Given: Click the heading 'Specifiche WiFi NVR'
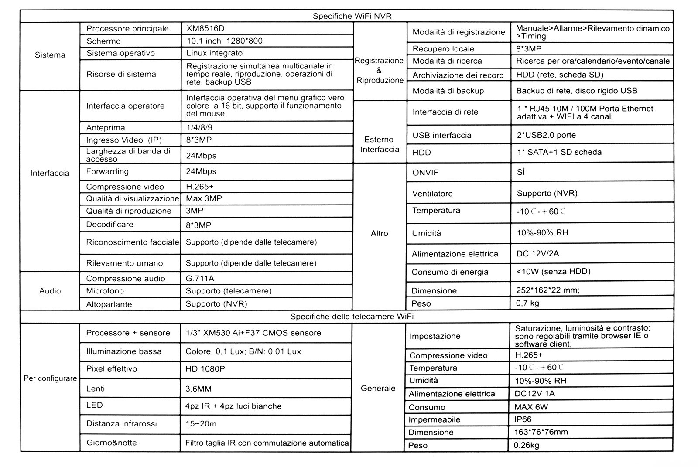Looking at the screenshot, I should [x=352, y=17].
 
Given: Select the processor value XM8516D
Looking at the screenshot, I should [x=205, y=29].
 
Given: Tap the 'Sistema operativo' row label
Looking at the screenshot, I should [x=120, y=53].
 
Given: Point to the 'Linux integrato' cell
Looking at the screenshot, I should [x=214, y=53].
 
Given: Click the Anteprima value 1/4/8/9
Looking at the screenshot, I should [x=199, y=128].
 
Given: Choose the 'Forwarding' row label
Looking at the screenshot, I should [x=107, y=171].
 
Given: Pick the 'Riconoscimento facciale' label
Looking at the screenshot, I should [x=132, y=242].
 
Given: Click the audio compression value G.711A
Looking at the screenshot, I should [x=200, y=279].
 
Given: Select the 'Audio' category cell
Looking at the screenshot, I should [x=50, y=291].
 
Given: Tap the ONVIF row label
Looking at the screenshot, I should [x=425, y=173].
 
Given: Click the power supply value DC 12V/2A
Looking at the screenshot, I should [x=537, y=254].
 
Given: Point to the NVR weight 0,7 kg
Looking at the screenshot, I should [x=527, y=303].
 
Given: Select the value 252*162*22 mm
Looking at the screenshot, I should [x=547, y=290].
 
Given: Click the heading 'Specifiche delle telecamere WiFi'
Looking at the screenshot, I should [x=352, y=317].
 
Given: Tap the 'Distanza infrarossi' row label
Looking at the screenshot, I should [x=121, y=423].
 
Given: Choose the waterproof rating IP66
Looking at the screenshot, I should [x=523, y=419].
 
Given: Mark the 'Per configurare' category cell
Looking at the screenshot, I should [x=50, y=378].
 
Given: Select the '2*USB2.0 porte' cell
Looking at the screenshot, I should [x=546, y=135].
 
